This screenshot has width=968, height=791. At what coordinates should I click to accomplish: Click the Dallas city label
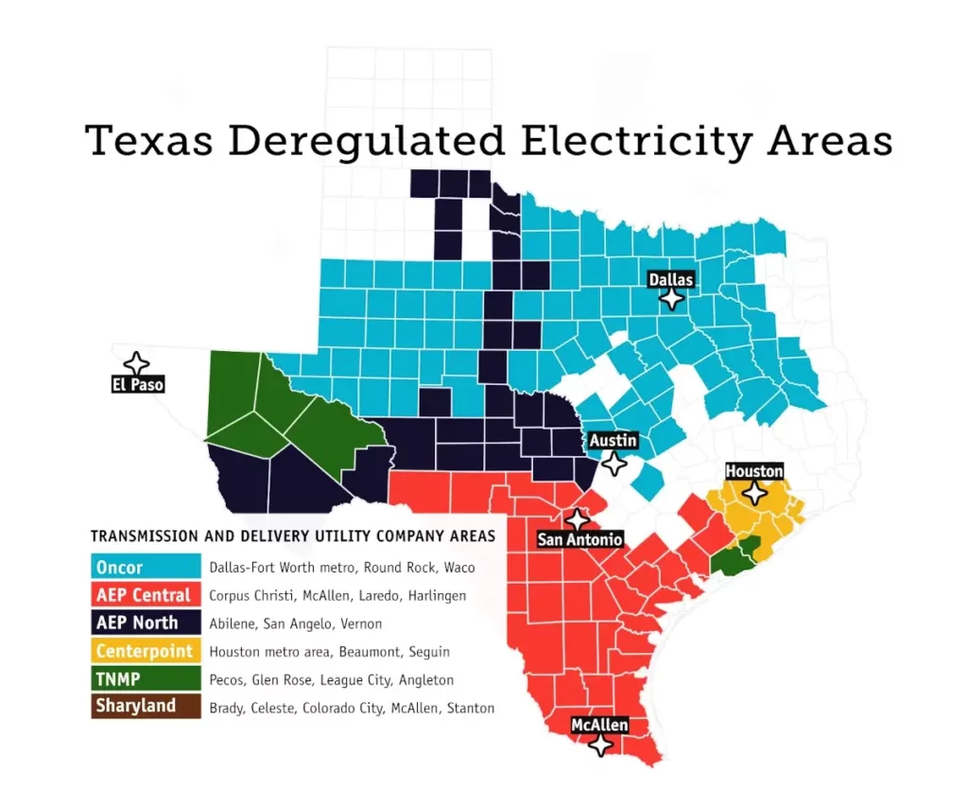(x=671, y=279)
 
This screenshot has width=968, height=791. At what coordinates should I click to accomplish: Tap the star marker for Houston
(x=754, y=493)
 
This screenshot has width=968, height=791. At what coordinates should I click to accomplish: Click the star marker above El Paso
(x=137, y=364)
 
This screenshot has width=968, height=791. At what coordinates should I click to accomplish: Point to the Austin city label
(x=614, y=441)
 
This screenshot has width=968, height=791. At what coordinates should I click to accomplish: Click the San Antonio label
(x=580, y=540)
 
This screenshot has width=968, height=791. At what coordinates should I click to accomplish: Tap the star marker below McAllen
(x=599, y=745)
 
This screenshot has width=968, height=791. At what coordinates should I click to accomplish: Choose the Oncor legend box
(x=147, y=568)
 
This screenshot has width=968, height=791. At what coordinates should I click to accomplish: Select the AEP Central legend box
(x=147, y=596)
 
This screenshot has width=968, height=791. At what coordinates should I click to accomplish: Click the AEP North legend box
(x=147, y=624)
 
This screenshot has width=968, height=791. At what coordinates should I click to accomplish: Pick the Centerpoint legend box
(x=147, y=651)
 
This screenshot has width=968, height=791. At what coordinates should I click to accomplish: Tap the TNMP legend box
(x=147, y=679)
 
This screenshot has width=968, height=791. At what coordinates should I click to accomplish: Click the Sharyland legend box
(x=147, y=707)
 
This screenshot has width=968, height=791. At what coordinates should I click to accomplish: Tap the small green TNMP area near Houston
(x=734, y=558)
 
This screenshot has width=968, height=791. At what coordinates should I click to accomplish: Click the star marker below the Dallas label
(x=671, y=299)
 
